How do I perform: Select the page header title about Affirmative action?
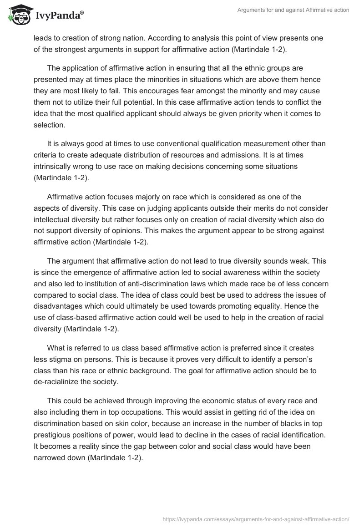tap(293, 10)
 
